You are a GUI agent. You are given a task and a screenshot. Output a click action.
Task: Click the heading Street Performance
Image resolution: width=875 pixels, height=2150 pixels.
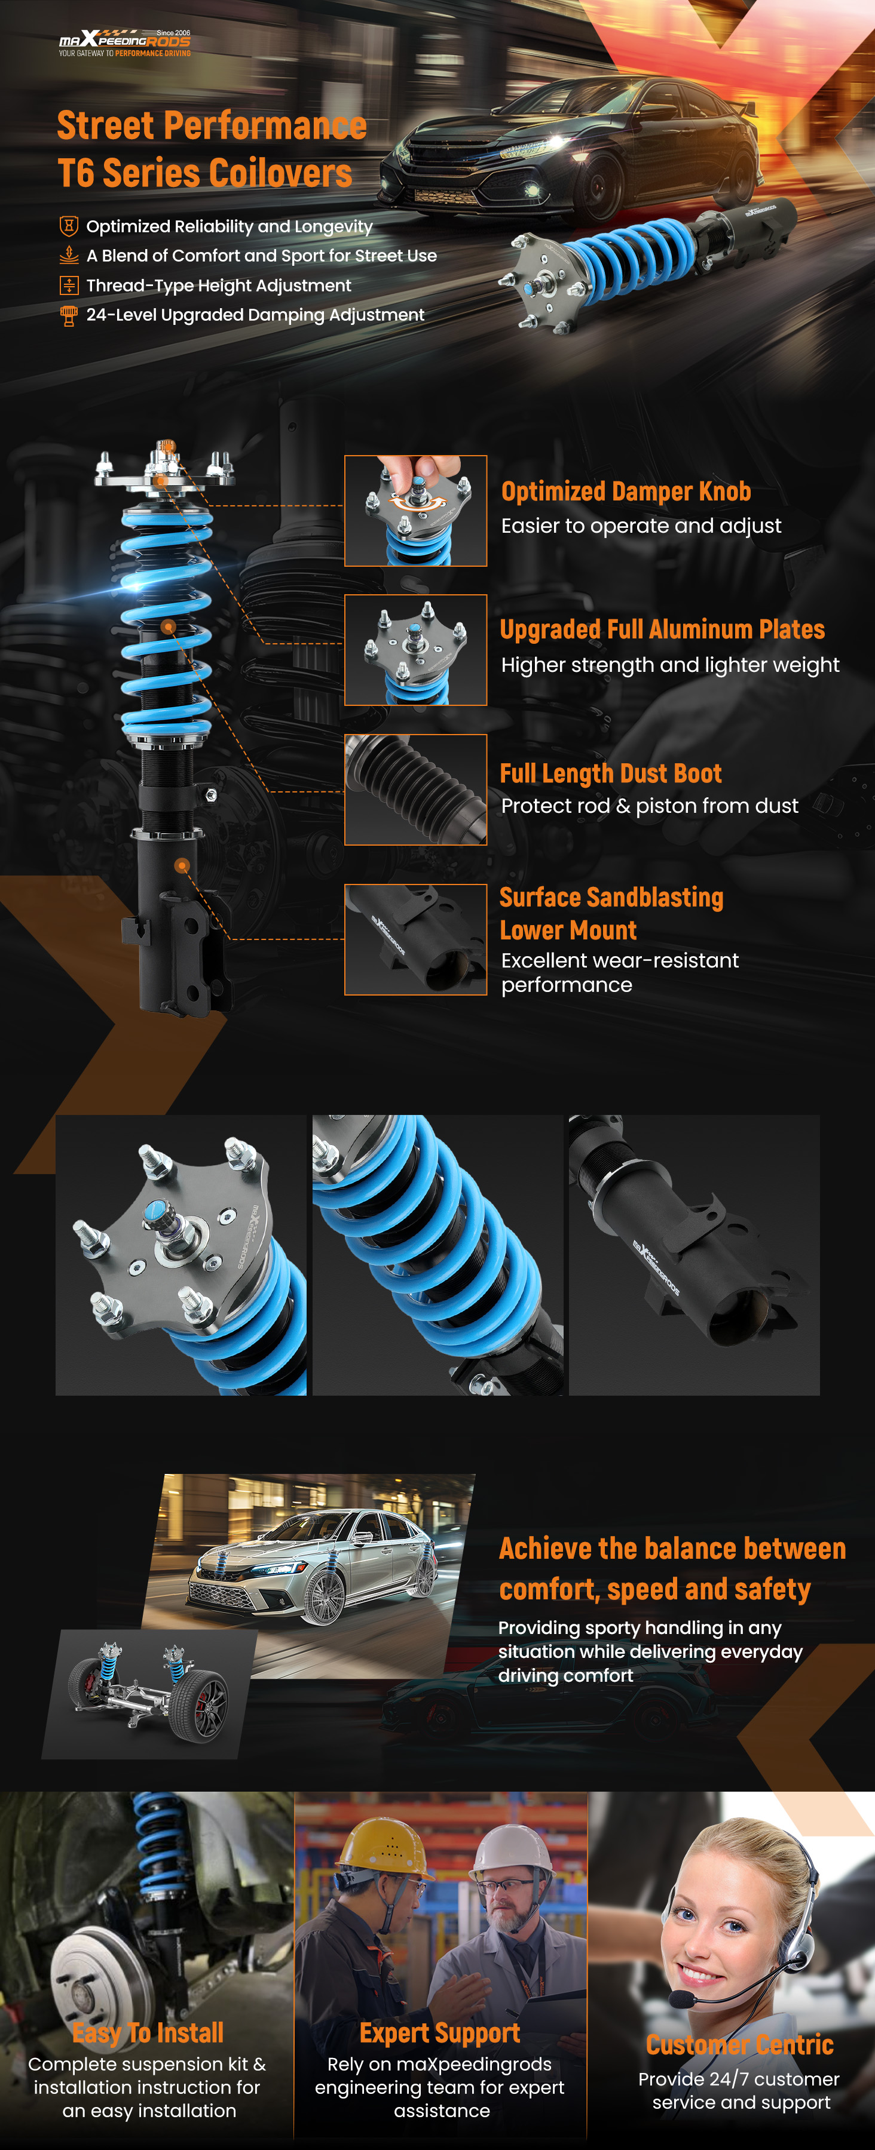(212, 125)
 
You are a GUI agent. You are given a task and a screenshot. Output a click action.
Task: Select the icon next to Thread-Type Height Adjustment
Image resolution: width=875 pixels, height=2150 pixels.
(69, 285)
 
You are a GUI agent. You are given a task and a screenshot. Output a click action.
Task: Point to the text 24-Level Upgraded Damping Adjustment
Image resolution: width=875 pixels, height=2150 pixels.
(255, 315)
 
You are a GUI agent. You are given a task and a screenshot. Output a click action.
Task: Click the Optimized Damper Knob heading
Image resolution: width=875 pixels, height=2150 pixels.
(626, 491)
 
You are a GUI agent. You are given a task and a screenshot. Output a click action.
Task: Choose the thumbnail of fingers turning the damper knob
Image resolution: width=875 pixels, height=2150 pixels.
(416, 511)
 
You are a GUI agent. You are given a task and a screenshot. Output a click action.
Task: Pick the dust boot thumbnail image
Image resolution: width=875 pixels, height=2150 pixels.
(416, 790)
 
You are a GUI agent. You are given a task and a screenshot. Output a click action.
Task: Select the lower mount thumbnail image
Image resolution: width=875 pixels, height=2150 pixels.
(416, 940)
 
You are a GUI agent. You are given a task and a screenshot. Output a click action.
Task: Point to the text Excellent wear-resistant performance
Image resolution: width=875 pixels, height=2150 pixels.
(620, 972)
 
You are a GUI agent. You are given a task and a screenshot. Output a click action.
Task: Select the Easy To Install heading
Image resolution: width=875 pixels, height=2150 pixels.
(148, 2032)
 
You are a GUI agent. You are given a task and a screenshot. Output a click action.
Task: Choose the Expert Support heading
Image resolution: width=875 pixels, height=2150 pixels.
(440, 2032)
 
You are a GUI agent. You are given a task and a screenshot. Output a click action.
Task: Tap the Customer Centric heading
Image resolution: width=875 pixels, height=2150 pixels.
(740, 2044)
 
